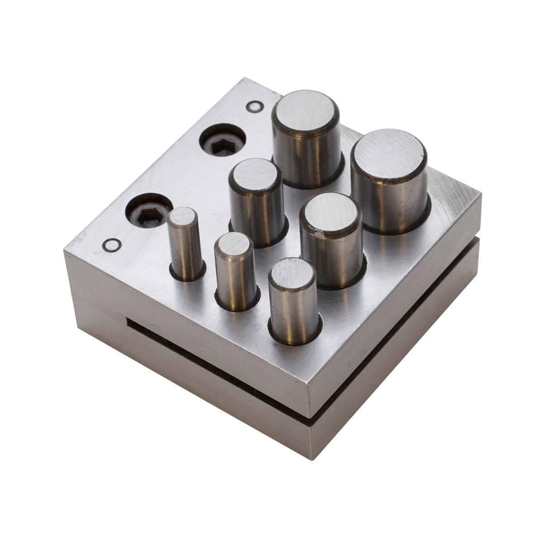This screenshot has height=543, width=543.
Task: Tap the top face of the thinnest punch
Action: pos(182,216)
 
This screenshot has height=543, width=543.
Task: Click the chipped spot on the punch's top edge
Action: pos(322,234)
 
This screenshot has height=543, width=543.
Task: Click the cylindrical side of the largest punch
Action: pos(389,204)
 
